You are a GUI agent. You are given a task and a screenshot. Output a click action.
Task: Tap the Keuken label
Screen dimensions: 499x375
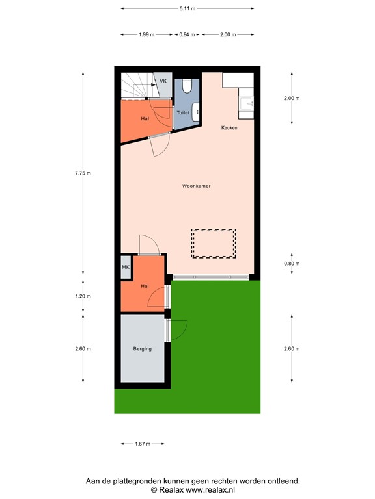229,127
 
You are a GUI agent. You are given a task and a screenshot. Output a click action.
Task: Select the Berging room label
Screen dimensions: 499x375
142,349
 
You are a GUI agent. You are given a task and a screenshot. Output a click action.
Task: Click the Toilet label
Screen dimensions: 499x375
183,113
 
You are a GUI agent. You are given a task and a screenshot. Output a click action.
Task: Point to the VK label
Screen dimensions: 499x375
163,81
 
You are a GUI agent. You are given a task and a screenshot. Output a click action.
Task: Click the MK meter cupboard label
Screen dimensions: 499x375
126,267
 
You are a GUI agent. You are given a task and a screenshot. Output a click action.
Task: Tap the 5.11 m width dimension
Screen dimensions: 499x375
187,8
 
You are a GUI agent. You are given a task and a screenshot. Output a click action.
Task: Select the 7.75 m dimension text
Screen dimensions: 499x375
83,173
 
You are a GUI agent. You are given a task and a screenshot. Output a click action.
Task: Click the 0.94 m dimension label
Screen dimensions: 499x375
187,34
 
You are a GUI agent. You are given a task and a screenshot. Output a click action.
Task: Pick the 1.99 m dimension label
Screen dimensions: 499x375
146,34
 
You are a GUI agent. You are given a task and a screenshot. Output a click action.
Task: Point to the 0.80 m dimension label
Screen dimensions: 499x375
292,264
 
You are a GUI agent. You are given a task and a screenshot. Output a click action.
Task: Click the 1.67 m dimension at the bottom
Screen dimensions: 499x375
142,444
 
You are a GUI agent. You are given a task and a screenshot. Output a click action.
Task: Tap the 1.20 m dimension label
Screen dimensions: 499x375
83,296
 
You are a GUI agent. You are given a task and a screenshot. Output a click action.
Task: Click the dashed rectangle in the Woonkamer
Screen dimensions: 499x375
213,244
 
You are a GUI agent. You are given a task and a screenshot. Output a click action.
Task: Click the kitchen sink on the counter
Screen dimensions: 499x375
247,103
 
